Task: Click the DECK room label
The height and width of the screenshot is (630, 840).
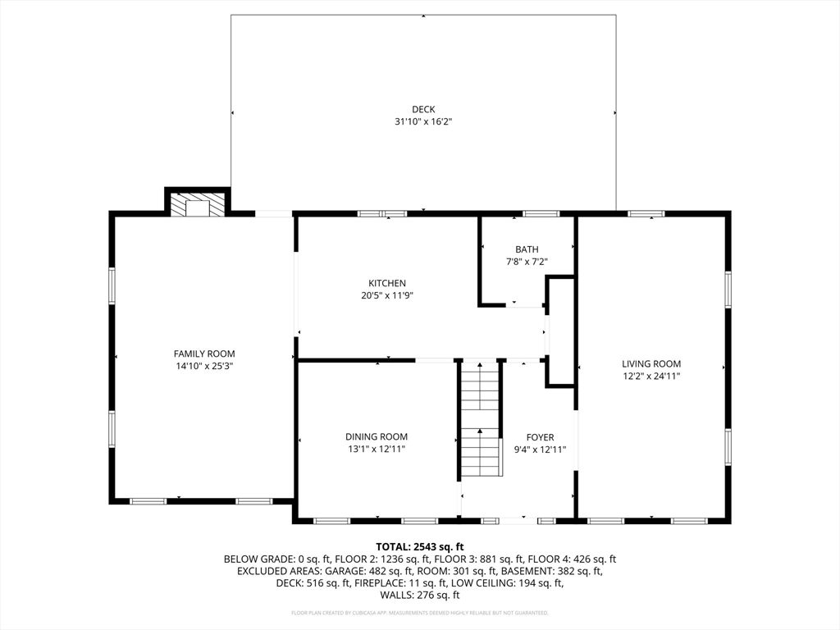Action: tap(423, 109)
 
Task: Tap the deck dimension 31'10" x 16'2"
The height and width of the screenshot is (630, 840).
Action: tap(423, 121)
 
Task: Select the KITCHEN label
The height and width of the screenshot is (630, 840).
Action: tap(386, 283)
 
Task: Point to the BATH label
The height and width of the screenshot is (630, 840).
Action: tap(527, 249)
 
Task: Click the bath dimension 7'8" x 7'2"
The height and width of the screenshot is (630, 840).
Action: tap(527, 262)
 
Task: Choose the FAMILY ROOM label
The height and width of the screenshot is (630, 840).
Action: tap(204, 354)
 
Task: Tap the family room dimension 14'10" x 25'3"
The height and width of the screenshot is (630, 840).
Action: tap(204, 366)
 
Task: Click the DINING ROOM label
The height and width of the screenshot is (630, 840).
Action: tap(376, 436)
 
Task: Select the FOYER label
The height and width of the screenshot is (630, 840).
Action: tap(540, 437)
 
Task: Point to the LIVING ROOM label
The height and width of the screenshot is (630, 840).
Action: tap(651, 363)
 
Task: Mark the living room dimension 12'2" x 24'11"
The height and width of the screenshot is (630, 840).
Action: tap(651, 376)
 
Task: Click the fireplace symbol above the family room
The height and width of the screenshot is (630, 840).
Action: tap(198, 207)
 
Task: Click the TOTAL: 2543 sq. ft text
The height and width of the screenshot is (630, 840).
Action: tap(420, 546)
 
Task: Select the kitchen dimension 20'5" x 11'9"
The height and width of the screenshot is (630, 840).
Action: tap(386, 295)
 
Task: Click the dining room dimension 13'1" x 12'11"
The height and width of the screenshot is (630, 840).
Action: tap(376, 449)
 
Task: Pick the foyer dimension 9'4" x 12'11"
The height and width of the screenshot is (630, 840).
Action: tap(540, 449)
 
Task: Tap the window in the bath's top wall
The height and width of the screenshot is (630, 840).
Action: tap(541, 214)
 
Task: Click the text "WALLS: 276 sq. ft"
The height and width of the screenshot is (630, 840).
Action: tap(420, 595)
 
